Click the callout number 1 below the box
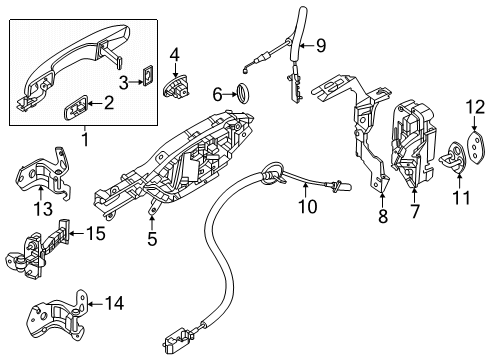click(x=86, y=141)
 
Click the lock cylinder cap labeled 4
click(x=177, y=88)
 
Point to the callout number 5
click(x=152, y=239)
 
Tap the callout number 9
click(x=320, y=44)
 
